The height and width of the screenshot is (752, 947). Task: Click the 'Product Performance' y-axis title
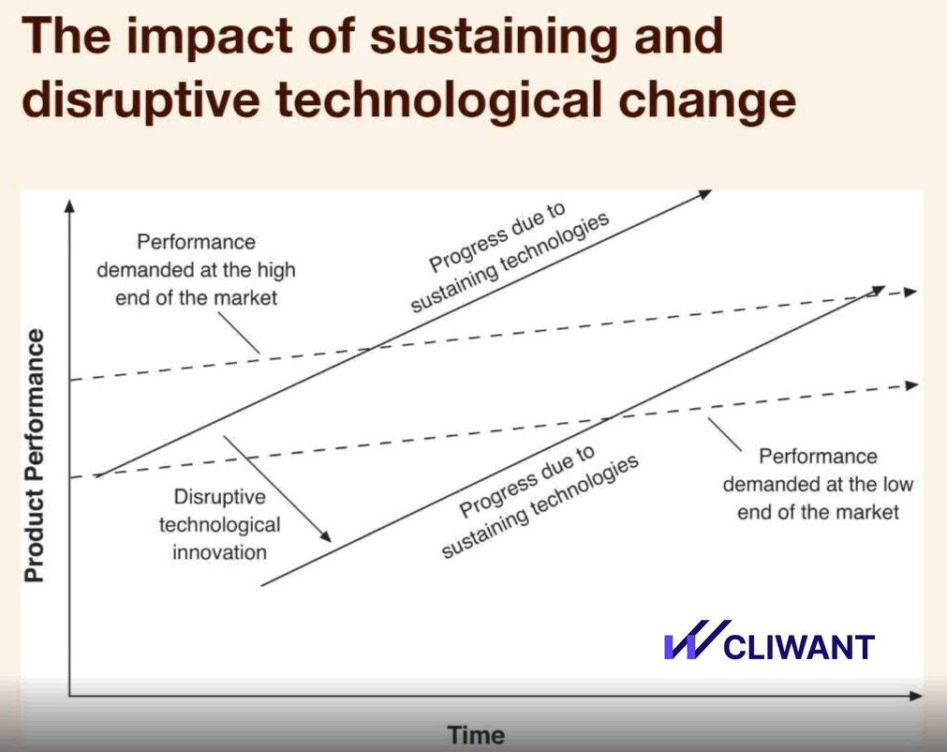click(34, 456)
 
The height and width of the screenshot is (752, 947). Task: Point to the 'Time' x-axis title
click(476, 735)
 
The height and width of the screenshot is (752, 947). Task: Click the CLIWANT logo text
click(798, 647)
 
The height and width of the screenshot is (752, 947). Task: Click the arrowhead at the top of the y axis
click(70, 206)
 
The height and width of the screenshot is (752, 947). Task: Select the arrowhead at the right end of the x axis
click(916, 696)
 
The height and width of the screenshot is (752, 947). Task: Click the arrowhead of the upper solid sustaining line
click(705, 194)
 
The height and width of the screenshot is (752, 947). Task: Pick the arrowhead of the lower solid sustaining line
click(878, 290)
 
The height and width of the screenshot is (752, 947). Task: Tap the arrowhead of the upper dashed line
click(911, 292)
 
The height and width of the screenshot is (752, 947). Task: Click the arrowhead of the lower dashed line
click(911, 385)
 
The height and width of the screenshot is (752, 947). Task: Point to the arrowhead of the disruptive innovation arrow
click(325, 535)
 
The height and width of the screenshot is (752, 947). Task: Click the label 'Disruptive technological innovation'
click(219, 524)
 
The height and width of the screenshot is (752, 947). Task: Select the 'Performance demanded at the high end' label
click(197, 270)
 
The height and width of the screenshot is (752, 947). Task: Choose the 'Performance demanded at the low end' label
click(818, 484)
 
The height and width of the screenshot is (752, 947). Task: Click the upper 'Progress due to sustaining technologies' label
click(510, 257)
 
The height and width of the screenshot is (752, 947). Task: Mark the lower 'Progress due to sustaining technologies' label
click(540, 502)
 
